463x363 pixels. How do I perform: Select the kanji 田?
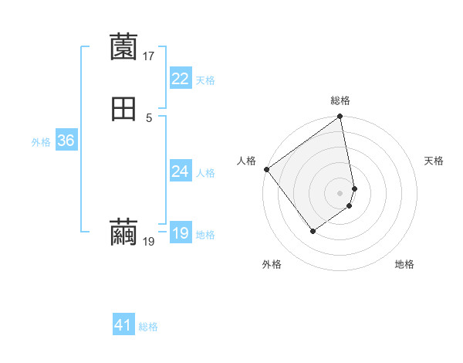click(123, 109)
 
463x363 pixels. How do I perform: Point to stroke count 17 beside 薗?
click(149, 56)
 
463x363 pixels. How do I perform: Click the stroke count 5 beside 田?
click(149, 117)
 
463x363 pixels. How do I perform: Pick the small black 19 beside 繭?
click(149, 242)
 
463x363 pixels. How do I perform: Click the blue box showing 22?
click(180, 79)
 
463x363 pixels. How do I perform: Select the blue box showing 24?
click(180, 171)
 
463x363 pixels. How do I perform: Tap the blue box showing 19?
click(180, 233)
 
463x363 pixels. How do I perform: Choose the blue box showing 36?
click(66, 141)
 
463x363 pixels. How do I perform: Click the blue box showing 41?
click(123, 325)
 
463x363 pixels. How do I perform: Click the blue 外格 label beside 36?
click(41, 141)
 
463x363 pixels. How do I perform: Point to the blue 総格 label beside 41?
click(148, 327)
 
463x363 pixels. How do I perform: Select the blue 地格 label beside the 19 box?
click(205, 235)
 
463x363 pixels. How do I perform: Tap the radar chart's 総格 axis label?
click(340, 100)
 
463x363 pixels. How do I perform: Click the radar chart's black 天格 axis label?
click(434, 161)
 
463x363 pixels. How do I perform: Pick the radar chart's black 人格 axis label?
click(246, 161)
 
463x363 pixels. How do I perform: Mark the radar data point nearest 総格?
click(340, 117)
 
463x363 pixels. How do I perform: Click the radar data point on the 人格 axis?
click(266, 169)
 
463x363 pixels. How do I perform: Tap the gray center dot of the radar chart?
click(340, 193)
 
